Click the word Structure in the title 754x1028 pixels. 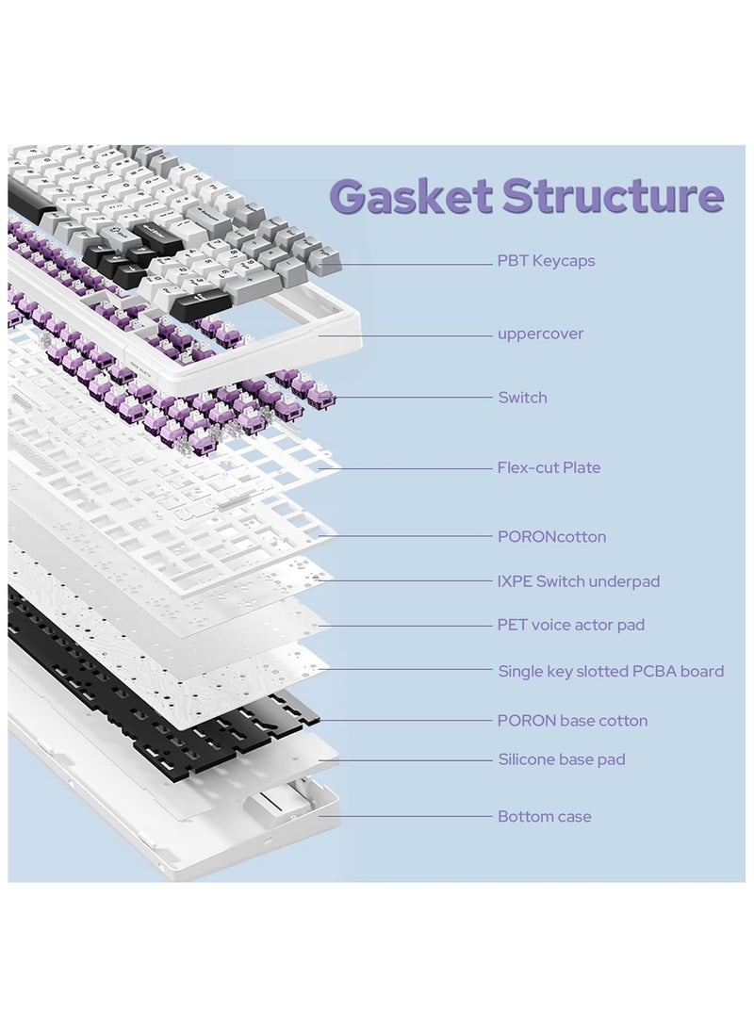point(613,196)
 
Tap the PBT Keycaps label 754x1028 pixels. point(546,261)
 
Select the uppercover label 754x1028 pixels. point(540,334)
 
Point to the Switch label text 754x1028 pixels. point(522,398)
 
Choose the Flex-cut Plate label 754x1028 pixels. point(549,467)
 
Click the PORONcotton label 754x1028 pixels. point(551,537)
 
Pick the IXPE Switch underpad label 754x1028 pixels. point(579,581)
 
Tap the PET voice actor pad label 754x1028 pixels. point(571,625)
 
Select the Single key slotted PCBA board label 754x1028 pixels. point(611,672)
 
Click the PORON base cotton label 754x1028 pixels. point(572,721)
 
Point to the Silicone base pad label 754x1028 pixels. point(561,759)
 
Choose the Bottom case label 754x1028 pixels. point(545,817)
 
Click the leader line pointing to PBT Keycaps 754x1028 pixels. point(415,265)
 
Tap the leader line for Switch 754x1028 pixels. point(415,398)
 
